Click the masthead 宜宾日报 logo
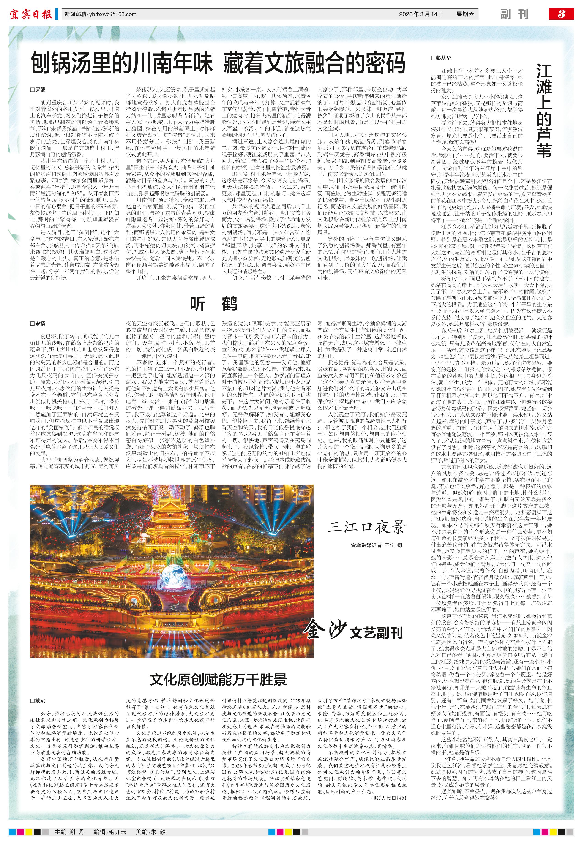[31, 14]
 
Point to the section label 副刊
[514, 14]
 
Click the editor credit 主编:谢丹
[69, 832]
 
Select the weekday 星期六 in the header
[465, 14]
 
